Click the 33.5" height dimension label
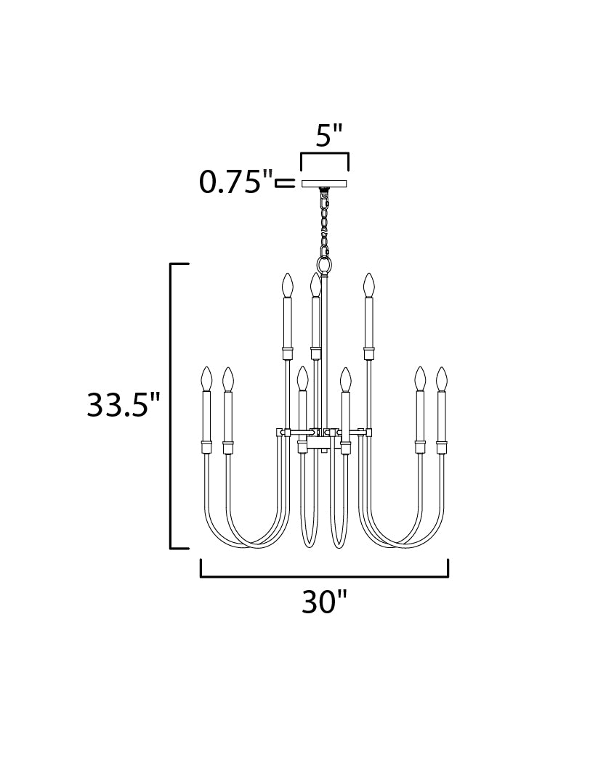coord(123,404)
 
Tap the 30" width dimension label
coord(325,602)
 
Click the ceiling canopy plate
coord(325,184)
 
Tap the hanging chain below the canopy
coord(325,223)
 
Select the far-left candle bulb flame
coord(207,379)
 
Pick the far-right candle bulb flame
coord(442,379)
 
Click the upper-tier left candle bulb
coord(288,285)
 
